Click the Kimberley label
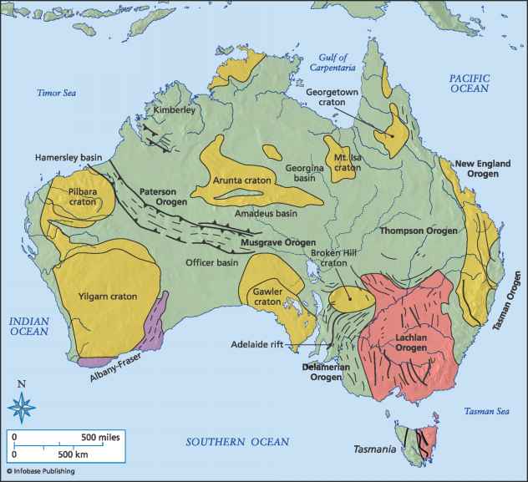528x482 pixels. pos(175,110)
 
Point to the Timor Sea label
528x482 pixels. pos(57,93)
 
